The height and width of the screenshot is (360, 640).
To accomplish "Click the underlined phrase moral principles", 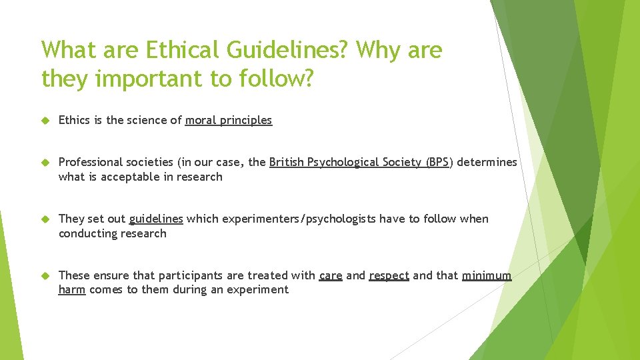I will click(x=229, y=121).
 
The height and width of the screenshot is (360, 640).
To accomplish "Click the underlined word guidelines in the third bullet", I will click(x=156, y=219).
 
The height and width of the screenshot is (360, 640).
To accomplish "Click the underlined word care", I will click(x=331, y=275).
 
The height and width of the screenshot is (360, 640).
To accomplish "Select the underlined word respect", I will click(x=389, y=275).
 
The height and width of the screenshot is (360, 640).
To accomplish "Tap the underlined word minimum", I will click(x=487, y=275).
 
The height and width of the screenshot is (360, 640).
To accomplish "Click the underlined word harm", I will click(x=72, y=289).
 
